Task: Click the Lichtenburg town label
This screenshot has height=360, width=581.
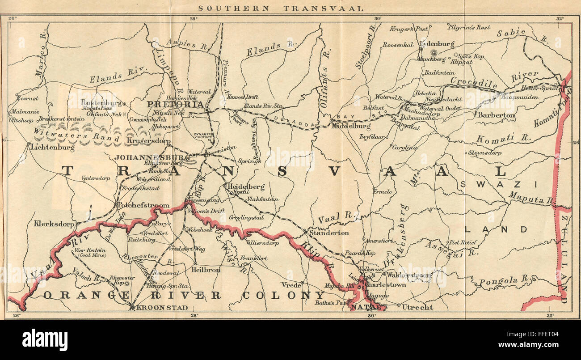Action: pos(53,147)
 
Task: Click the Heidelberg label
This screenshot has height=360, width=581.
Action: pos(246,186)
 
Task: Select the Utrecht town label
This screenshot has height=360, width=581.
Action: pos(417,307)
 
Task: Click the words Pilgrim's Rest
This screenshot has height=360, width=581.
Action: pos(469,27)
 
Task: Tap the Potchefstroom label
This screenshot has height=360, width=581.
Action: pos(143,205)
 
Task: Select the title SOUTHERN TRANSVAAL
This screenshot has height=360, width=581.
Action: pos(281,8)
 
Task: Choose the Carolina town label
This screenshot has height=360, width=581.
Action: pos(404,147)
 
